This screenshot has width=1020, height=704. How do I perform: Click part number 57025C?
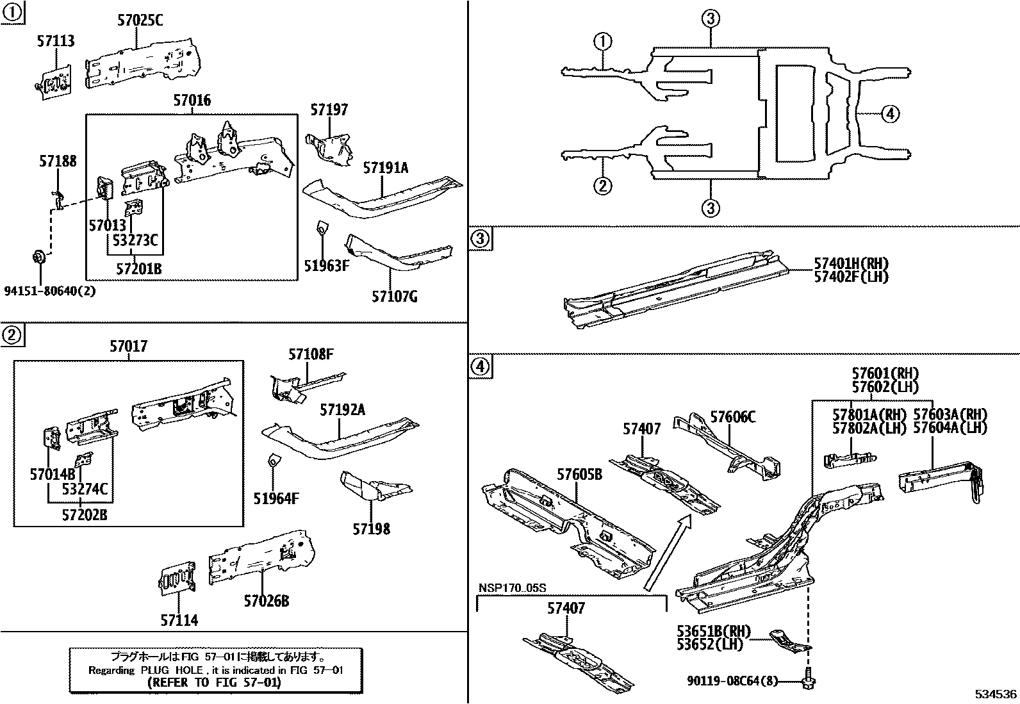(140, 20)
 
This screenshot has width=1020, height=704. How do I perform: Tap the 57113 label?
(54, 42)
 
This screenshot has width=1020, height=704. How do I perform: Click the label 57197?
(329, 110)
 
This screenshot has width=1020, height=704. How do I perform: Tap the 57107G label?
(395, 297)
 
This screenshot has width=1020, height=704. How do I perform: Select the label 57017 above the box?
(128, 347)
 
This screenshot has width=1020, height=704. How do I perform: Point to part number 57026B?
(266, 601)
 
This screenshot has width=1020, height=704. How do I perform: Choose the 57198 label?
(371, 529)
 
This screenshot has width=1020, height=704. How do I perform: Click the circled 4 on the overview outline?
(889, 114)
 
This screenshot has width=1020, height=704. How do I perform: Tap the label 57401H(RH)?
(851, 263)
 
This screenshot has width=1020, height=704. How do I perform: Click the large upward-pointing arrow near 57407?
(668, 552)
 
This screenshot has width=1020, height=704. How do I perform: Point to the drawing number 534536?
(995, 694)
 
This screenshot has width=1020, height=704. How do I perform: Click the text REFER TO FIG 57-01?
(214, 683)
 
